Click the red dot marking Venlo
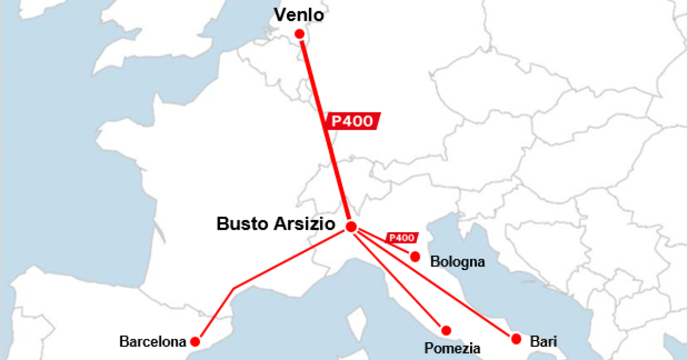tap(299, 34)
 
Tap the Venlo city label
tap(299, 15)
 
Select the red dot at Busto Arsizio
tap(351, 226)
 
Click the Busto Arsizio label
tap(275, 224)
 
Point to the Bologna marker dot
tap(415, 256)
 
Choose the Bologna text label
tap(458, 263)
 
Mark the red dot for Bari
tap(516, 338)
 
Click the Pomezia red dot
tap(446, 330)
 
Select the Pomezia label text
tap(452, 348)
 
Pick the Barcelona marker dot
tap(195, 342)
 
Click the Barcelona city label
tap(153, 342)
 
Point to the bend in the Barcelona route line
tap(234, 287)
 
